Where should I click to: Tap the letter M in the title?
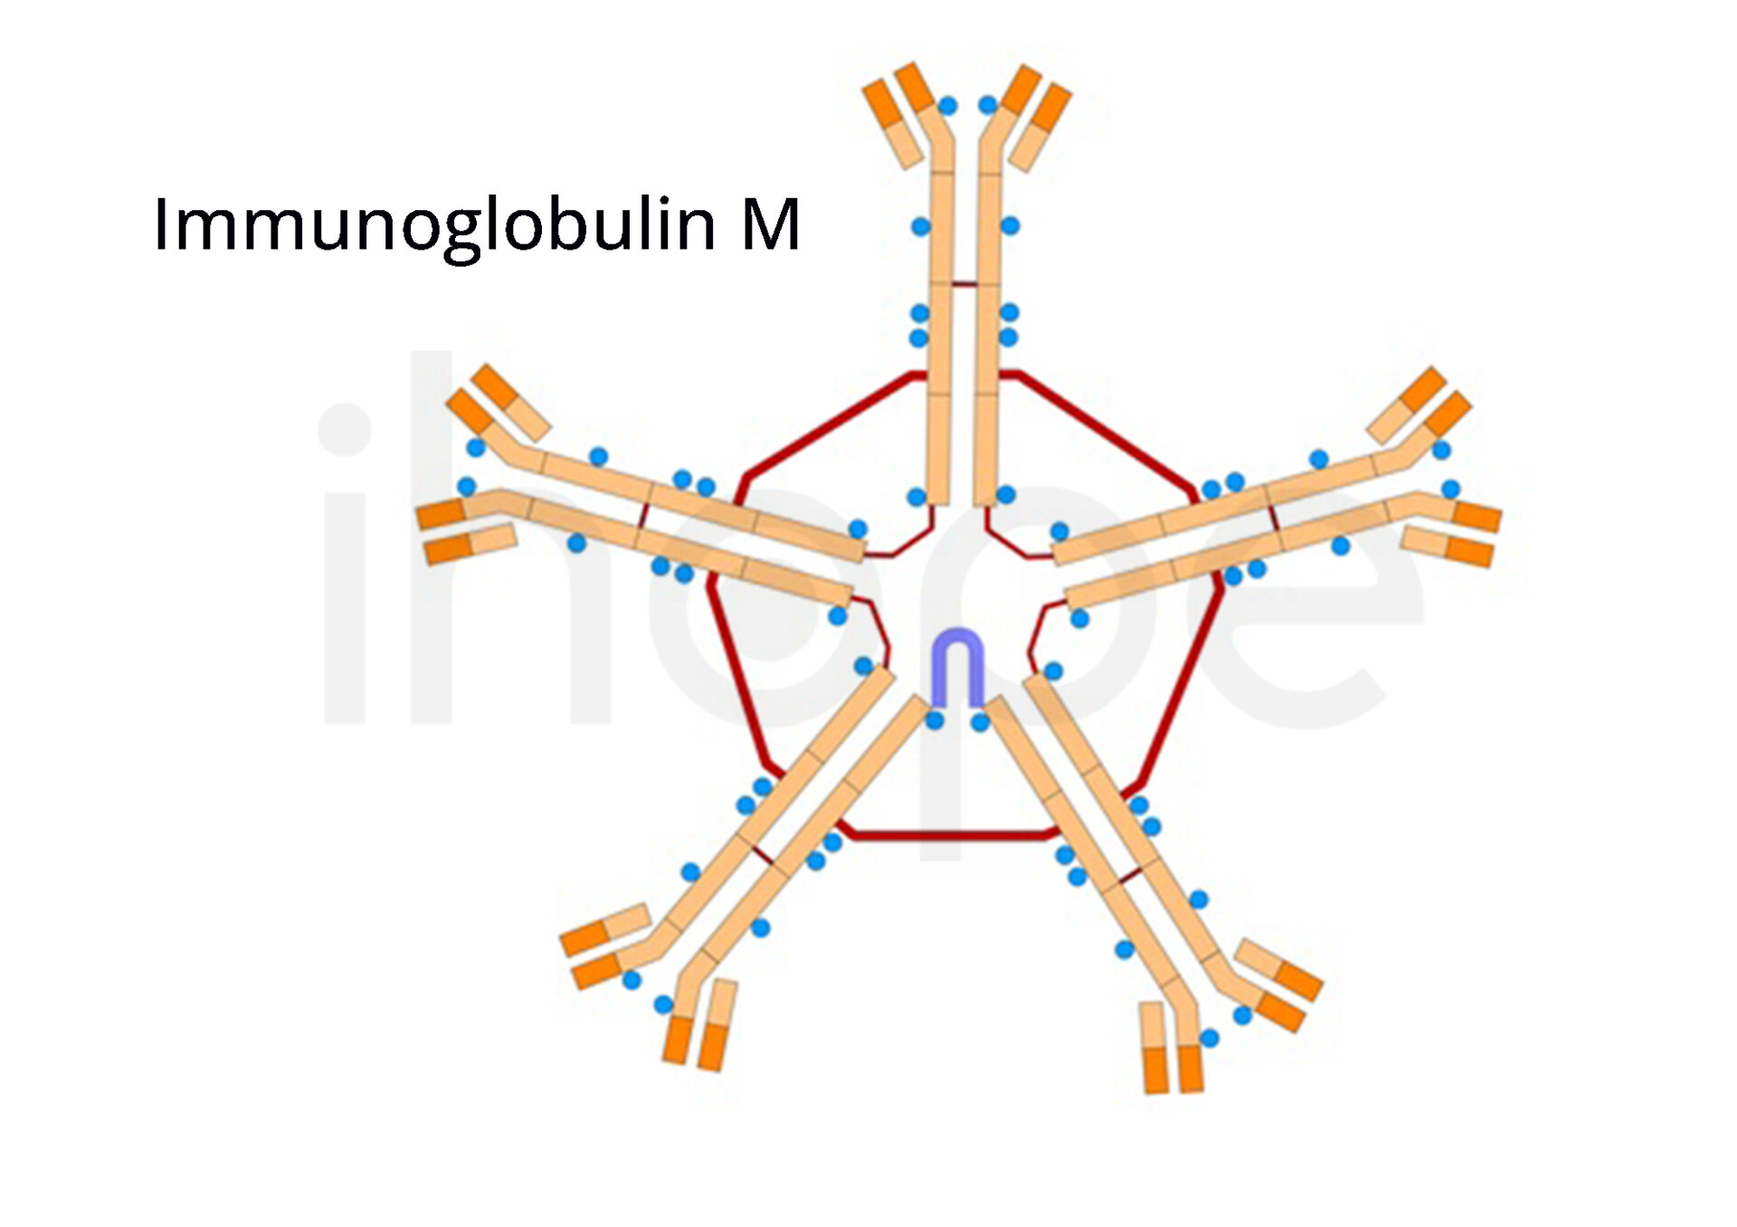[771, 224]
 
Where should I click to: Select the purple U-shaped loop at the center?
[958, 666]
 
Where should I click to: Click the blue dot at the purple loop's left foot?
[935, 720]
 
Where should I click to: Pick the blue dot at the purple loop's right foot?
[980, 722]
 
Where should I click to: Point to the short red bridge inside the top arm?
[964, 285]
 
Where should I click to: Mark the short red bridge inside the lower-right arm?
[1129, 875]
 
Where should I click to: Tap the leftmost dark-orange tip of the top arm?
[881, 104]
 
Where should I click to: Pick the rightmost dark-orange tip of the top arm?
[1052, 108]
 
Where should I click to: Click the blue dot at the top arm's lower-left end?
[916, 497]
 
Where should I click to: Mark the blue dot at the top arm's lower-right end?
[1006, 495]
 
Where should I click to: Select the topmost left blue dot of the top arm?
[947, 106]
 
